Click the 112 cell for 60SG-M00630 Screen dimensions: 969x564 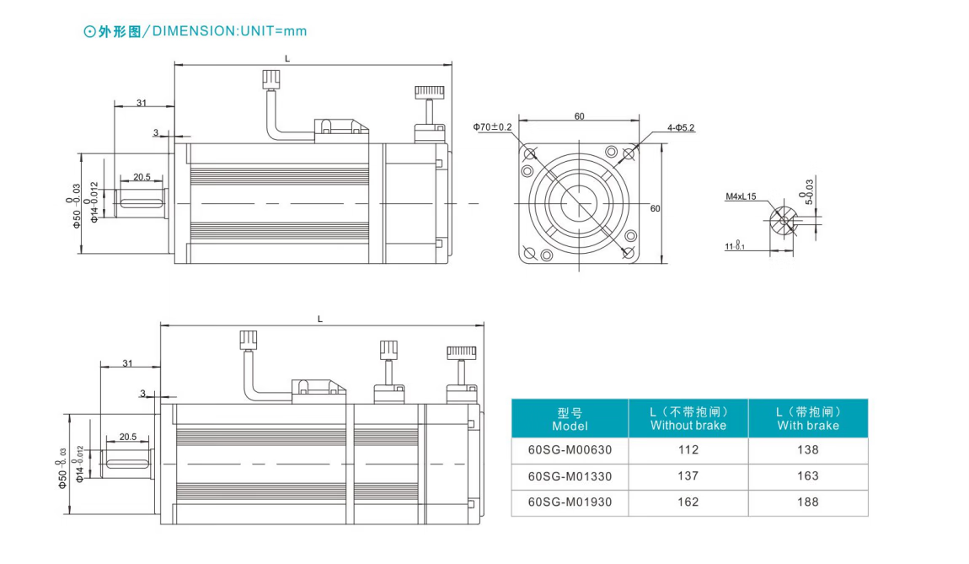(688, 450)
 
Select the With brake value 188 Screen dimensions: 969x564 (808, 502)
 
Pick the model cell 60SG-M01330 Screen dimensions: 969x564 (570, 476)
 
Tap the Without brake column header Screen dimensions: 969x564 (688, 419)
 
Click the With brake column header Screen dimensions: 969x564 (808, 419)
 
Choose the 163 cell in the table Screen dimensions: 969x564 (808, 476)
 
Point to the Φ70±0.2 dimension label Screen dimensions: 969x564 (493, 127)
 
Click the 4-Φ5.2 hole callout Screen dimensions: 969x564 (681, 128)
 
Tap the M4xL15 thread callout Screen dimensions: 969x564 (741, 196)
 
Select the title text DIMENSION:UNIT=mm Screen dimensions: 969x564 (229, 31)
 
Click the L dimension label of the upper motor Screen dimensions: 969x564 (287, 59)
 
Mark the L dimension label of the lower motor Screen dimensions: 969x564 (320, 320)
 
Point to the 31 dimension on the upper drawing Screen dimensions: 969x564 (142, 103)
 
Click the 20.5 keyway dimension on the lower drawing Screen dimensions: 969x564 (128, 437)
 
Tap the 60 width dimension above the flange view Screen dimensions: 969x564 (579, 116)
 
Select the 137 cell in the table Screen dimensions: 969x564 (688, 476)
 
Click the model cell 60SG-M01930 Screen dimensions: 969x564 (570, 502)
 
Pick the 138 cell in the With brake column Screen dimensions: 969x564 (808, 450)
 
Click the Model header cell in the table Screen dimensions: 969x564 (570, 419)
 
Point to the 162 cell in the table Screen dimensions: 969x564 (688, 502)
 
